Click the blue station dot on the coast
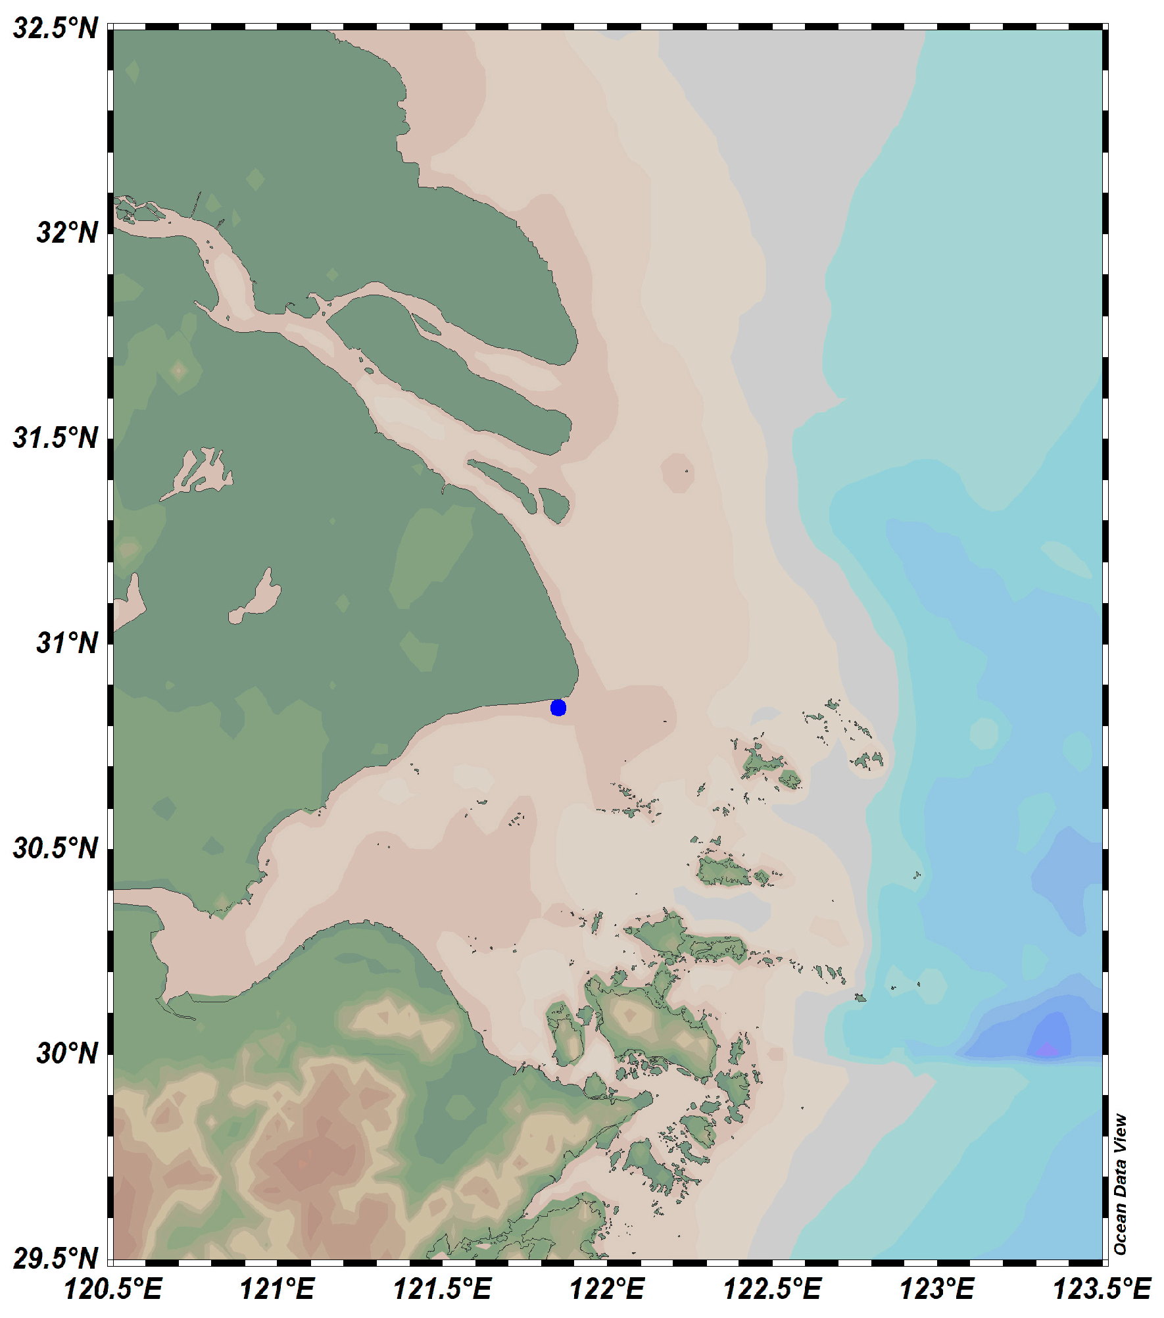[558, 708]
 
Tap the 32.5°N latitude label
[55, 30]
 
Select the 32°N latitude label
[67, 233]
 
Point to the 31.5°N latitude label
[55, 438]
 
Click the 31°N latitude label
[67, 643]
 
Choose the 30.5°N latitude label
[55, 848]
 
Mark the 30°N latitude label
[67, 1054]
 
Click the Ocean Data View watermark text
[1121, 1184]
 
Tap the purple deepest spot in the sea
[1047, 1050]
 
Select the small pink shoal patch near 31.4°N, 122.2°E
[677, 472]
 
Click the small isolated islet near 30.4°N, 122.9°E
[917, 875]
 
